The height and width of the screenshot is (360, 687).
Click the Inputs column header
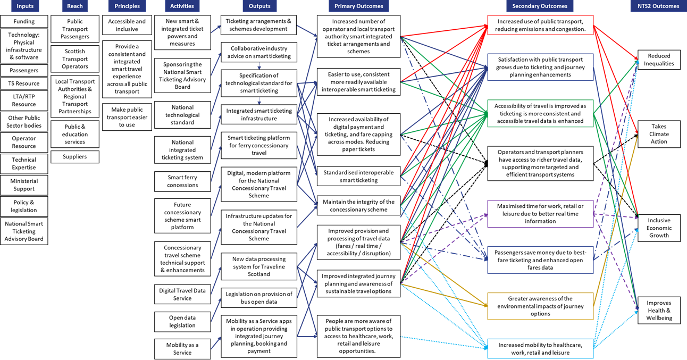(24, 6)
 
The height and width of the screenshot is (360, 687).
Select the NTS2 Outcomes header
(658, 6)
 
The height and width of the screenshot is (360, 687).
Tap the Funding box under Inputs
(24, 22)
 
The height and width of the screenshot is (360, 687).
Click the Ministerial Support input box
(24, 185)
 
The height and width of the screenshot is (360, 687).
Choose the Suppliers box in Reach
(74, 157)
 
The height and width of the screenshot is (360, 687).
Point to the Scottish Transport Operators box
(74, 59)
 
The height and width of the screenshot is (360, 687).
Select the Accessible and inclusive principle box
(127, 26)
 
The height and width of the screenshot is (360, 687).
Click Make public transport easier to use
(127, 118)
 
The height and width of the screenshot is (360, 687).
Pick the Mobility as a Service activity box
(182, 349)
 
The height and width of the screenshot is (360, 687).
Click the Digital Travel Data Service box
(182, 295)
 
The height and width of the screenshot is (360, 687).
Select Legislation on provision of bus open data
(259, 298)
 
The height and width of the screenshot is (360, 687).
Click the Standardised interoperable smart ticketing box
(358, 177)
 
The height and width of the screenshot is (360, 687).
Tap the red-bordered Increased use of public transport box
(540, 26)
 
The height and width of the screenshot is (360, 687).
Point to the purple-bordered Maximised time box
(540, 214)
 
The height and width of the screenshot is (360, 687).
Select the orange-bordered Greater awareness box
(540, 306)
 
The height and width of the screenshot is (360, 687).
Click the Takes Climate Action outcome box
(659, 134)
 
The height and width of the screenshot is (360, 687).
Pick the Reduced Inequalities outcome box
(659, 60)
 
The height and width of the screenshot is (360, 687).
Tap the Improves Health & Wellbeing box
(659, 311)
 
